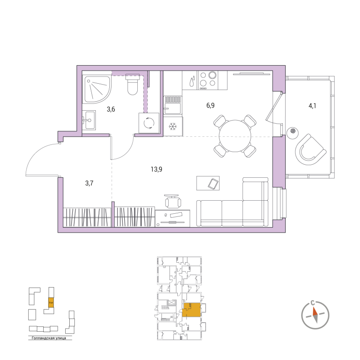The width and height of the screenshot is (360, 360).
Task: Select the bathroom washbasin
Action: tap(88, 120)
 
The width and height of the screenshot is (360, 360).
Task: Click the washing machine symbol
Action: tap(148, 123)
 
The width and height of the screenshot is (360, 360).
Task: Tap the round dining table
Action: tap(234, 135)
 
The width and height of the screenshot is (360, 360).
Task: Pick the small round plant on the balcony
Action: tap(293, 131)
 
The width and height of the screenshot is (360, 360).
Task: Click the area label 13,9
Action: tap(157, 169)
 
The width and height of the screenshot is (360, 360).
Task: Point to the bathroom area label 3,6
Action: tap(111, 108)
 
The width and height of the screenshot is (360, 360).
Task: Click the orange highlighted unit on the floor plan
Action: tap(193, 310)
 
